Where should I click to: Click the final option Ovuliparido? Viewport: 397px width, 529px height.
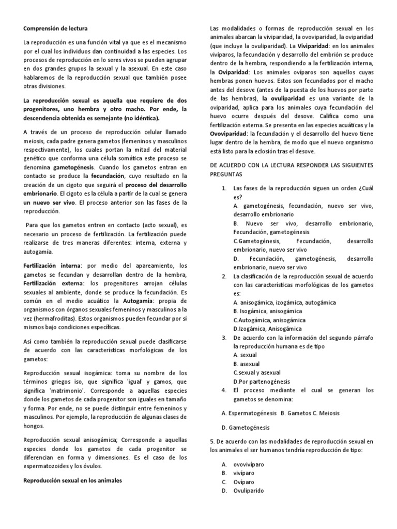249,491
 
